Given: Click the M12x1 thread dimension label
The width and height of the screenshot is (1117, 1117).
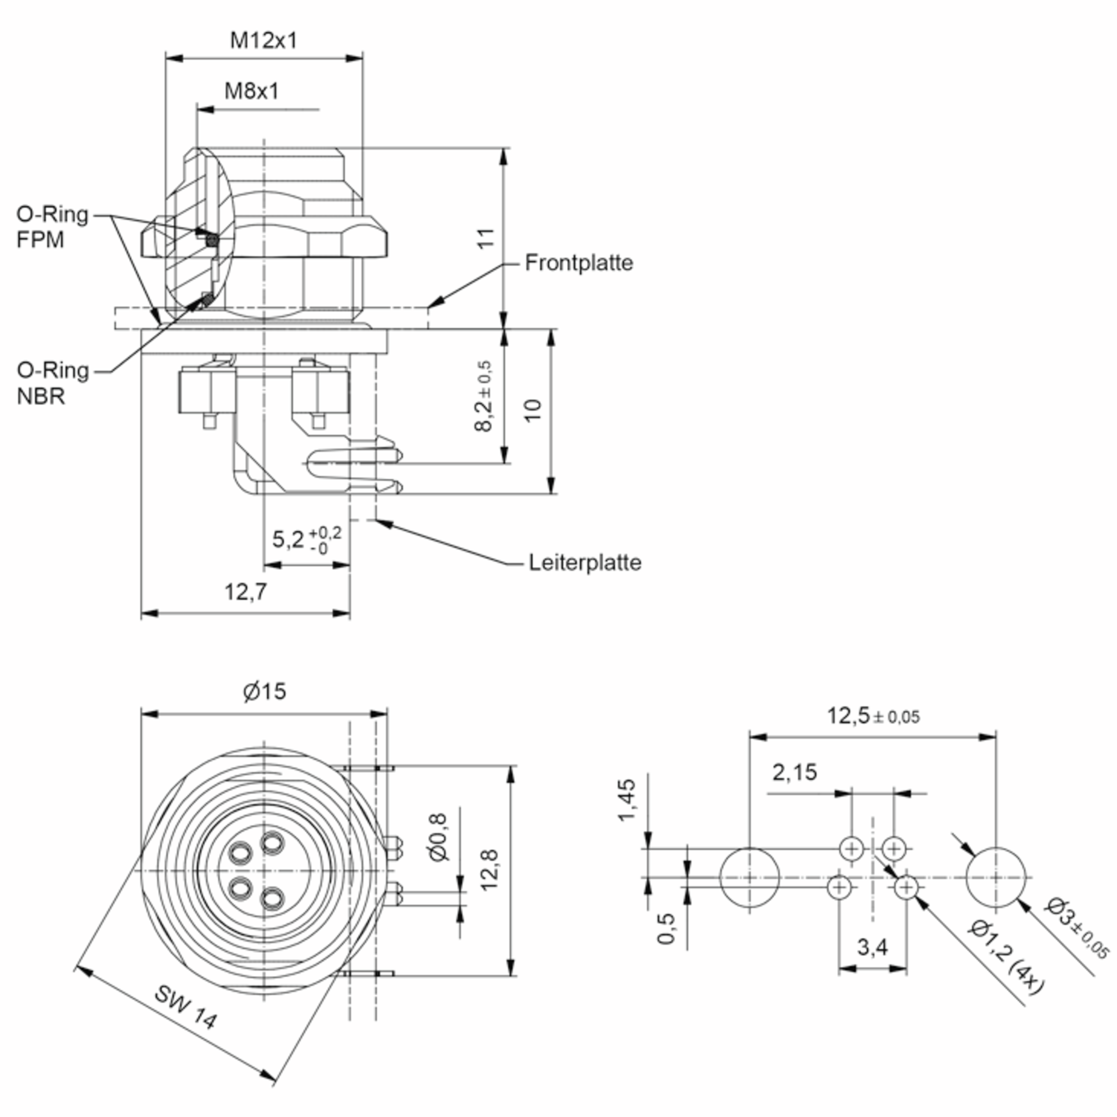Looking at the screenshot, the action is pos(263,40).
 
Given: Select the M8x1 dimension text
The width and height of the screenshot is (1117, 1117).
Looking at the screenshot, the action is pos(251,91).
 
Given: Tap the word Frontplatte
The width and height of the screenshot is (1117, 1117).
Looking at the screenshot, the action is pos(579,263).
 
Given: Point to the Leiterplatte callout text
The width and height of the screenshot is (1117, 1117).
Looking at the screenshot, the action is pos(585,563).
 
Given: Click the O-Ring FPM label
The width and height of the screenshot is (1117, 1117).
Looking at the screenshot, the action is pos(52,227).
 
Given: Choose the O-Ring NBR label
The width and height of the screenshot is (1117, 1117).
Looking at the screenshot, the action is pos(53,384).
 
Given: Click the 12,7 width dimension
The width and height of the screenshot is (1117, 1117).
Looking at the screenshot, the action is pos(246,592).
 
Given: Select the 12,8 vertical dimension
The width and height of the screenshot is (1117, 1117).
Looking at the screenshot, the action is pos(489,870).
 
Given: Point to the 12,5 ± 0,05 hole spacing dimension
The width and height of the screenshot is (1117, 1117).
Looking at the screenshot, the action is pos(873,716).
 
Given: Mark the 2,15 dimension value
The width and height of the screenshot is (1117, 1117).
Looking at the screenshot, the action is pos(795,772).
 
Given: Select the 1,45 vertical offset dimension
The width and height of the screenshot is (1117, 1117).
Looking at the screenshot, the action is pos(627,800).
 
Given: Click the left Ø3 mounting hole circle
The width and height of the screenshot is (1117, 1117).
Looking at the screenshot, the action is pos(749,849).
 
